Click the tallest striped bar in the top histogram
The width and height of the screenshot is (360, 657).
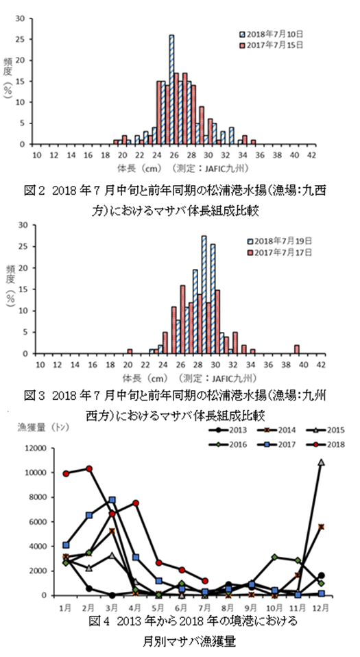pos(171,90)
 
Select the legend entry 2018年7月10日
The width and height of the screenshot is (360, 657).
pos(271,34)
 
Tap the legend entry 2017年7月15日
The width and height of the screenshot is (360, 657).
pos(271,45)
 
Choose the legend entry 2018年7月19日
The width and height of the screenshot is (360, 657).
pos(280,241)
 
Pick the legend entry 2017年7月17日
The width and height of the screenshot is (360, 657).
pos(280,252)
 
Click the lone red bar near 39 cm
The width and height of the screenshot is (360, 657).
pos(297,350)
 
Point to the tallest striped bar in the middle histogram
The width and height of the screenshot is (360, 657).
pos(204,295)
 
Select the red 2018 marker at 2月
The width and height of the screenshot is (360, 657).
pos(89,468)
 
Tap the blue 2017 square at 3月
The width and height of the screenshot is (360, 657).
pos(112,500)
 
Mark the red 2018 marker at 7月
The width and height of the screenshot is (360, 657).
pos(204,581)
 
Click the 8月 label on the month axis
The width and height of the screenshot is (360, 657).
pos(228,606)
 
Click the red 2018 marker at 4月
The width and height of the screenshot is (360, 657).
pos(136,503)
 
